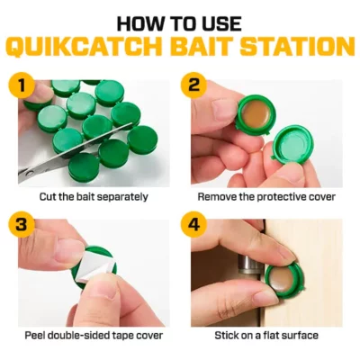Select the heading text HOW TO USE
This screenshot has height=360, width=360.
click(180, 18)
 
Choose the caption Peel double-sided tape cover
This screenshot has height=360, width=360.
click(94, 336)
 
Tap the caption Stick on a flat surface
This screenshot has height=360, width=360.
click(265, 336)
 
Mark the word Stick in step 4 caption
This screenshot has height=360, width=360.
click(225, 336)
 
